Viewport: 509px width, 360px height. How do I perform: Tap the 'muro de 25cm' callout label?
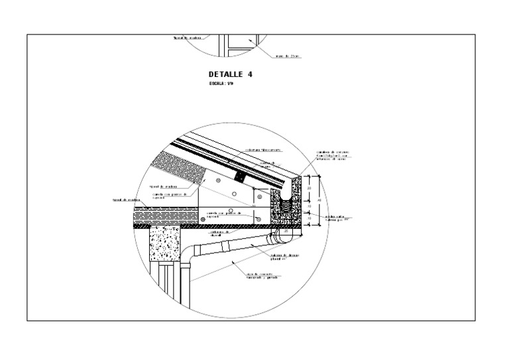coord(289,56)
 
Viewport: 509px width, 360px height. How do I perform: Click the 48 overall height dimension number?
coord(319,200)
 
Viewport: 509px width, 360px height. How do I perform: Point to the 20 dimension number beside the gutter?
coord(310,189)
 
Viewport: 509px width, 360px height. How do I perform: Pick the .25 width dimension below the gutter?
coord(288,231)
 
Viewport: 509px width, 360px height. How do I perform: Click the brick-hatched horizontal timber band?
coord(166,215)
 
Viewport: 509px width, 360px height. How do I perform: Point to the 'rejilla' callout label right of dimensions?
coord(337,218)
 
